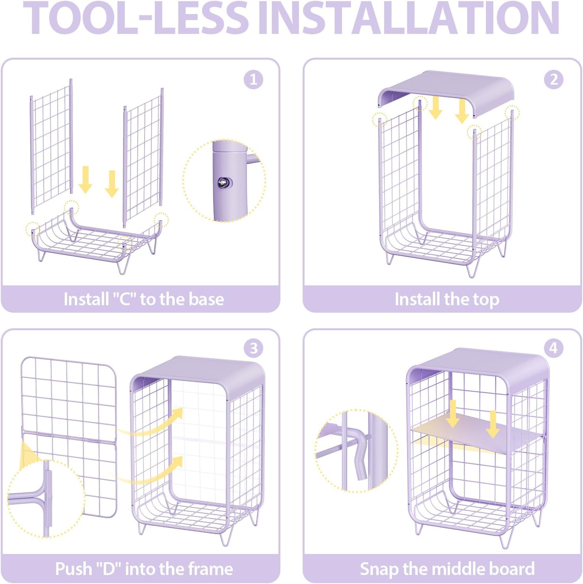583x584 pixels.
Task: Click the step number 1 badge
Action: click(x=253, y=80)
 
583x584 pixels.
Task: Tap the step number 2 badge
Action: click(x=554, y=80)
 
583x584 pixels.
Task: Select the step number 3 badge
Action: click(x=253, y=348)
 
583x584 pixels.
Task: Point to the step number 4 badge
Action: click(x=554, y=348)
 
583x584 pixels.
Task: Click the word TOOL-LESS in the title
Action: click(x=136, y=18)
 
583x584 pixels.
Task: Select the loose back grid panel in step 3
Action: click(x=69, y=437)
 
